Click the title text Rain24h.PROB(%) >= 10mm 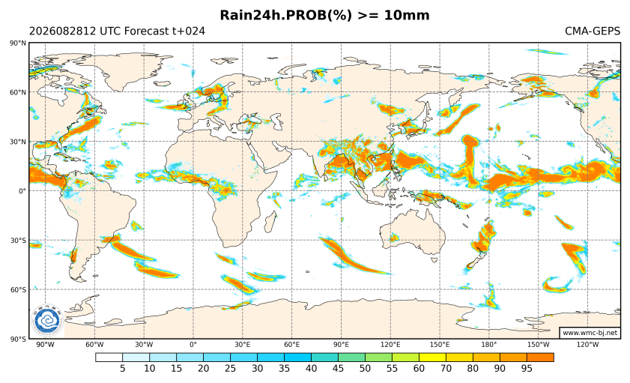point(324,15)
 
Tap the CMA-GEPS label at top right point(593,31)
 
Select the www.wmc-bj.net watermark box point(590,333)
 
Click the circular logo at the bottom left point(47,321)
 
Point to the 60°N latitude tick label point(19,92)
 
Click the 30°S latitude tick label point(19,241)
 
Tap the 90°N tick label point(19,43)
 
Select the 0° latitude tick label point(22,191)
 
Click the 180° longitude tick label point(489,345)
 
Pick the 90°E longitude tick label point(341,345)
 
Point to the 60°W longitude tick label point(94,345)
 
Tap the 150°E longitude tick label point(440,345)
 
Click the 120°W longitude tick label point(587,345)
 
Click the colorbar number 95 point(527,368)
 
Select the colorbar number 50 point(365,368)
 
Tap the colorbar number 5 point(123,368)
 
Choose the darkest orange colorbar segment point(540,358)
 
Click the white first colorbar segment point(109,358)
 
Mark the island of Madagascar point(271,223)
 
